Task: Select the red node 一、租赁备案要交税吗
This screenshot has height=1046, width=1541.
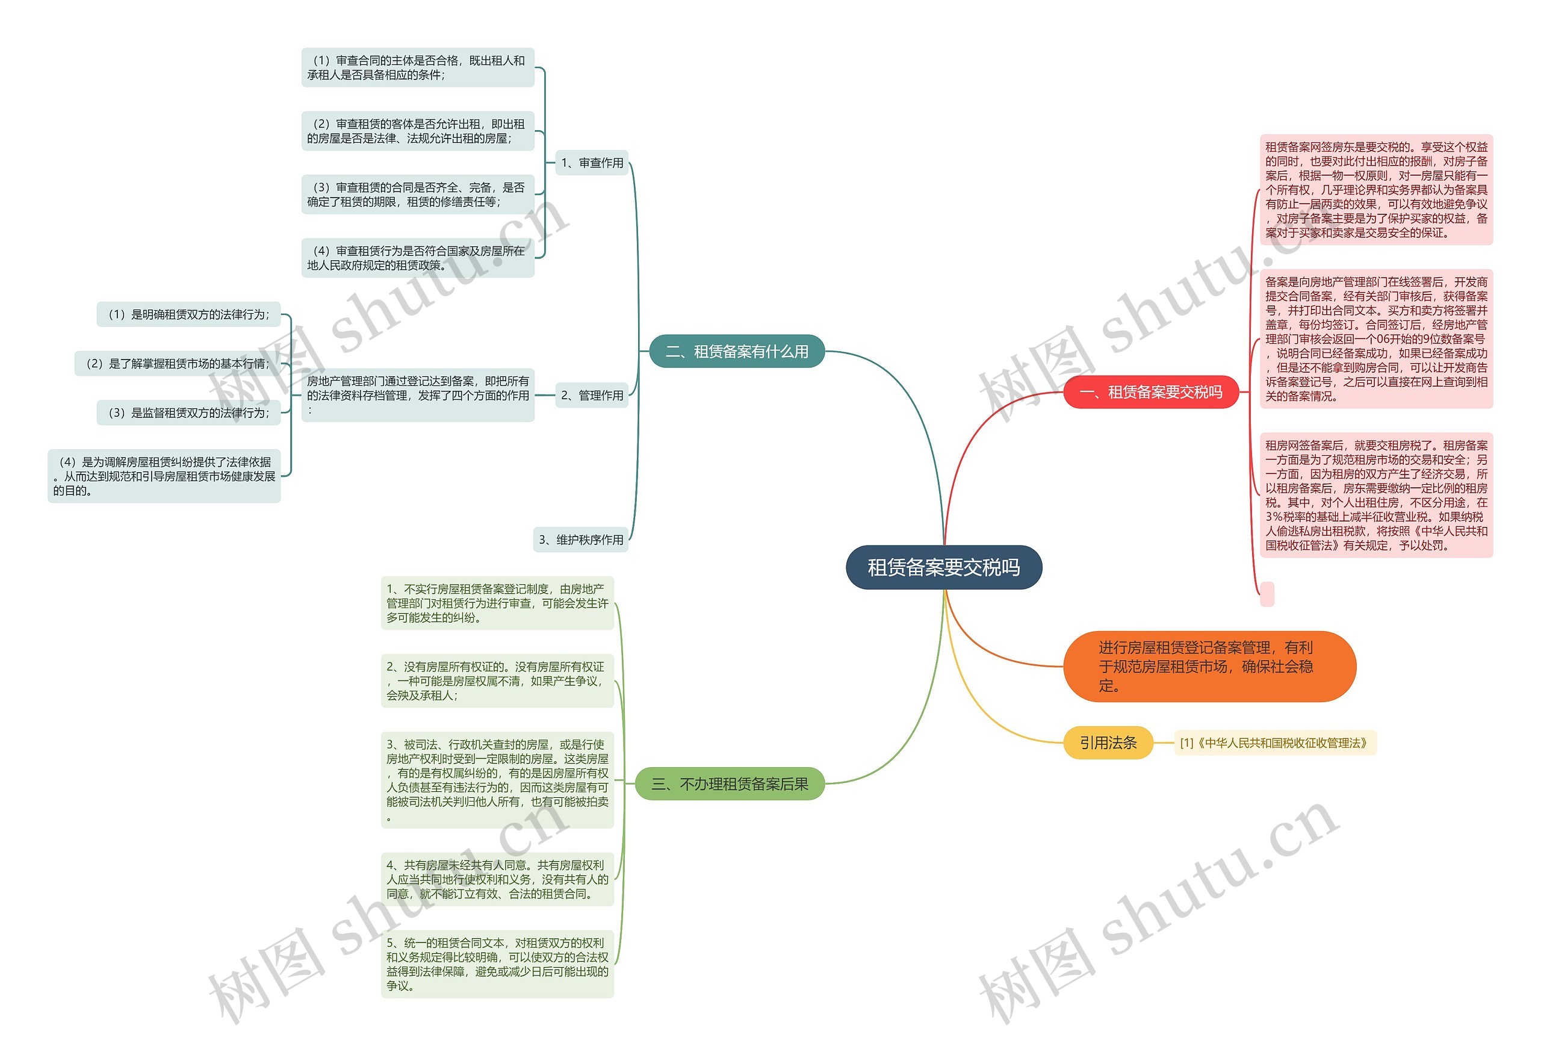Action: (x=1150, y=392)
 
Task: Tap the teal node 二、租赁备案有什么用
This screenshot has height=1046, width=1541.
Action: (x=736, y=351)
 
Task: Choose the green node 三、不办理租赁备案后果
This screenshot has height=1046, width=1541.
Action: (x=730, y=783)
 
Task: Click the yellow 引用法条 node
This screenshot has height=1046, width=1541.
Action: (x=1108, y=742)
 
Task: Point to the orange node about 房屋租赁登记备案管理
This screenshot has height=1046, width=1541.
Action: (x=1209, y=666)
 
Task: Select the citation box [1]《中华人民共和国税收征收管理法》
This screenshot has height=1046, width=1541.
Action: (x=1274, y=743)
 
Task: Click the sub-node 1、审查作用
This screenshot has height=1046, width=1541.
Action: (x=592, y=163)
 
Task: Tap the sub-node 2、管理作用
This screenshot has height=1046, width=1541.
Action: (x=592, y=395)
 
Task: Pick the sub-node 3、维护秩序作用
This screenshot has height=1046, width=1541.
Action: (x=580, y=539)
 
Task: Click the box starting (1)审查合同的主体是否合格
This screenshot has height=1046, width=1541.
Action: (x=418, y=67)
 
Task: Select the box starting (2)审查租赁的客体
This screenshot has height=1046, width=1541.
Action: (x=418, y=131)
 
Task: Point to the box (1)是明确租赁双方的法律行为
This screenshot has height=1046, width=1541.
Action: (x=189, y=314)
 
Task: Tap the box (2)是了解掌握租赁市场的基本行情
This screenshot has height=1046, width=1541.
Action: (x=178, y=364)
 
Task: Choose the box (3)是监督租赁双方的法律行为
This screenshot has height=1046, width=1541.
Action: (x=189, y=412)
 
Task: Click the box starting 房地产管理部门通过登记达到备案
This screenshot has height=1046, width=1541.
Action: (x=418, y=395)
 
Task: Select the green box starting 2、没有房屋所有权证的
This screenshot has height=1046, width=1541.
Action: (x=497, y=680)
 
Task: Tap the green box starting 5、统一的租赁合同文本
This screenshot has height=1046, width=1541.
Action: (x=497, y=964)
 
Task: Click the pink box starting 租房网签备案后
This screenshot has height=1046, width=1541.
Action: (x=1376, y=495)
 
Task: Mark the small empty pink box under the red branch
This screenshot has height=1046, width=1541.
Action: (x=1267, y=594)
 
